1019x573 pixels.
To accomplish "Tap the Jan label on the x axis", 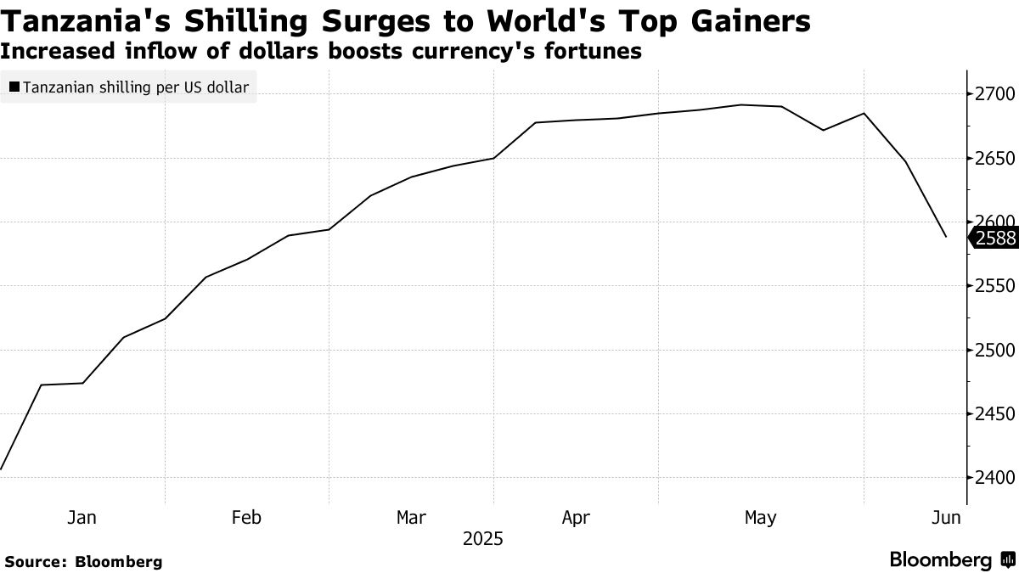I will click(x=82, y=517).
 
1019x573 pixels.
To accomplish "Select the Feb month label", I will click(x=246, y=517).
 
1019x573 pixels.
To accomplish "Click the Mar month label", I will click(x=412, y=517).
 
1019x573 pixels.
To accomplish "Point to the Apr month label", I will click(x=577, y=517).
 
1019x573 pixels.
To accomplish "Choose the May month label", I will click(x=760, y=517).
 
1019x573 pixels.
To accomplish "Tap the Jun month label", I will click(x=947, y=517).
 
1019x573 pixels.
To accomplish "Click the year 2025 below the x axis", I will click(x=483, y=539).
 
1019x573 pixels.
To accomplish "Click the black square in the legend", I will click(x=14, y=87).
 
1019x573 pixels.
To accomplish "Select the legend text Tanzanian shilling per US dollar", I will click(x=136, y=87).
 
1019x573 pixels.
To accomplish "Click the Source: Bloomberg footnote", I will click(x=83, y=561).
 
